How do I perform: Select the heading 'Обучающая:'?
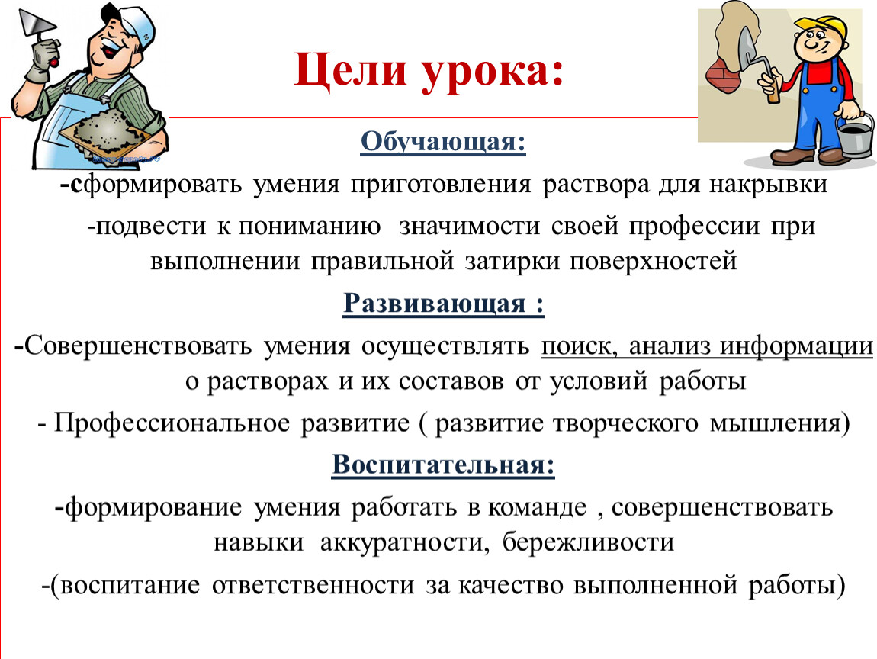[x=443, y=142]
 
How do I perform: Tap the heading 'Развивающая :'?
[x=444, y=304]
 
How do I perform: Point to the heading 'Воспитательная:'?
[x=443, y=465]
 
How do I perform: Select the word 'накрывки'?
[x=768, y=185]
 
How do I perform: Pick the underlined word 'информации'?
[x=796, y=346]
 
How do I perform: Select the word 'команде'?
[x=537, y=508]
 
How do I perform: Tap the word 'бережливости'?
[x=588, y=542]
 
